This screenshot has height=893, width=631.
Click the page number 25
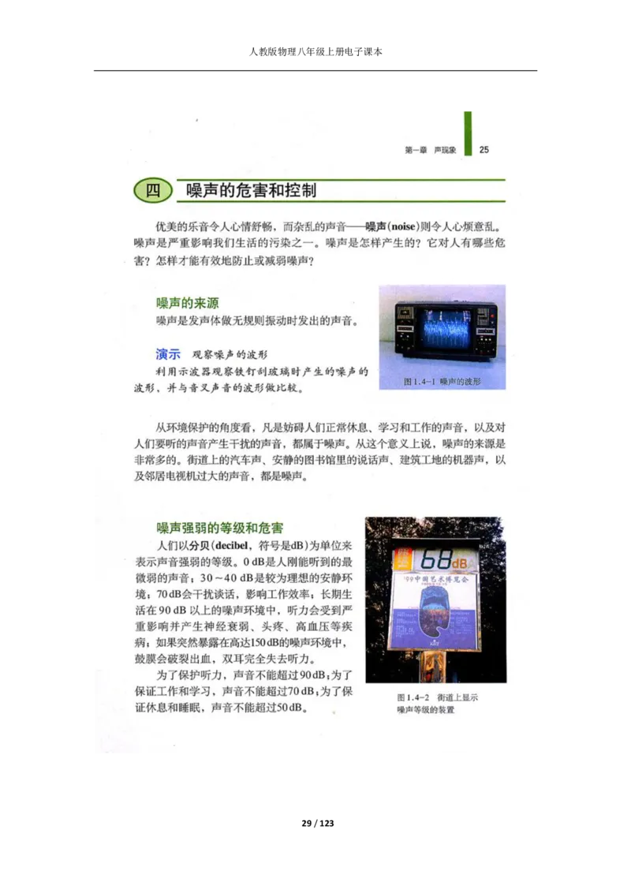coord(484,149)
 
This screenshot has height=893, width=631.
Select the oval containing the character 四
coord(154,191)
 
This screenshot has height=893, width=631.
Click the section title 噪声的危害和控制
coord(251,191)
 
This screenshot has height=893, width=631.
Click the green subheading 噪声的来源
coord(187,303)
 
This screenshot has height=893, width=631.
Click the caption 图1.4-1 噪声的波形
coord(442,381)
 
